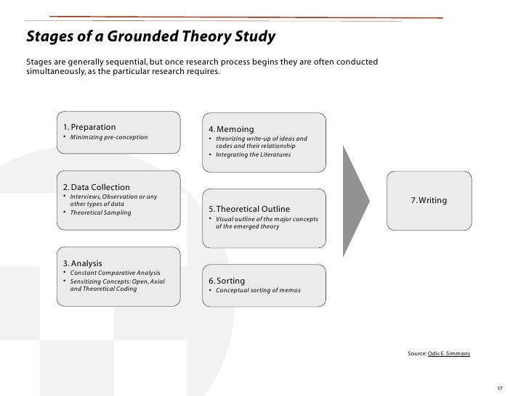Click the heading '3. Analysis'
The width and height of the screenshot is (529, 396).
(x=82, y=263)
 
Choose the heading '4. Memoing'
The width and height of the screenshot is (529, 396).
(x=230, y=129)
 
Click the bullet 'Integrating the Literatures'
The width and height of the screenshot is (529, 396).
(x=252, y=154)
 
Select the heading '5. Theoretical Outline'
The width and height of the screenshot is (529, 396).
(x=250, y=209)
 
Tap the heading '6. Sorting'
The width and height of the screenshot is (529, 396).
(x=227, y=281)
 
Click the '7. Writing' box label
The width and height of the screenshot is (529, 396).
(x=429, y=199)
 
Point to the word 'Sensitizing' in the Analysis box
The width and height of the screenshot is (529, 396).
(x=86, y=281)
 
